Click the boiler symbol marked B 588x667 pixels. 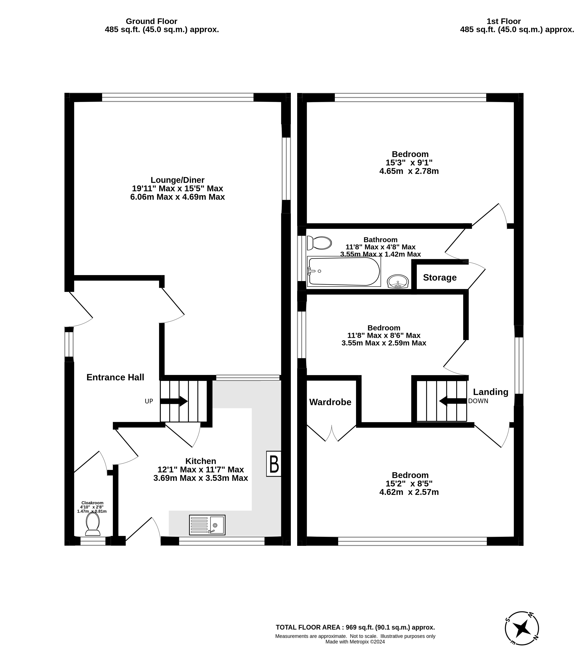(274, 464)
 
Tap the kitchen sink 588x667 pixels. (207, 525)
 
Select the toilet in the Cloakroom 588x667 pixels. (93, 524)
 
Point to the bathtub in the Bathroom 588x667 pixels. (344, 271)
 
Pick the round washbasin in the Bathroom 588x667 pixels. (398, 281)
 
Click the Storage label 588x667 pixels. (440, 278)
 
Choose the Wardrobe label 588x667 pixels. (330, 402)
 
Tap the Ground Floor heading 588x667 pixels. (151, 21)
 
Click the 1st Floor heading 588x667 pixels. (504, 21)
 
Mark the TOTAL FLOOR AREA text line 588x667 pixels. (355, 627)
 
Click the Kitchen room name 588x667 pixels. (201, 461)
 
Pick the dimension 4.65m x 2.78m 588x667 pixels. (409, 171)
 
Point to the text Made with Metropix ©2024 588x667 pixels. (355, 642)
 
